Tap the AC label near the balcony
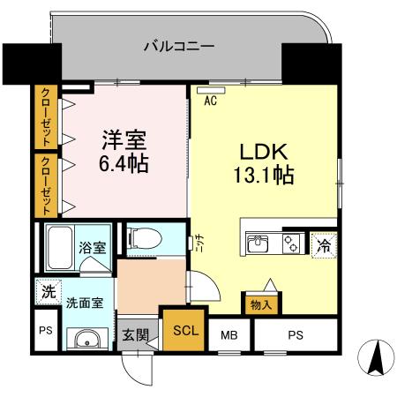[x=211, y=101]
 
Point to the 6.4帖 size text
[x=123, y=163]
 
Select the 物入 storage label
[x=262, y=305]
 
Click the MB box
[x=229, y=335]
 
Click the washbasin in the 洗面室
[x=85, y=341]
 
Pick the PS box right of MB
[x=296, y=335]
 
